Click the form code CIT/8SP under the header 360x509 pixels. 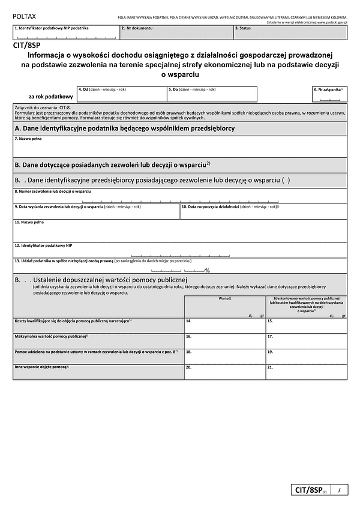coord(26,44)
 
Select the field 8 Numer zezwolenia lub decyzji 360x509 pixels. coord(179,199)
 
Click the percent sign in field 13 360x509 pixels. coord(207,271)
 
